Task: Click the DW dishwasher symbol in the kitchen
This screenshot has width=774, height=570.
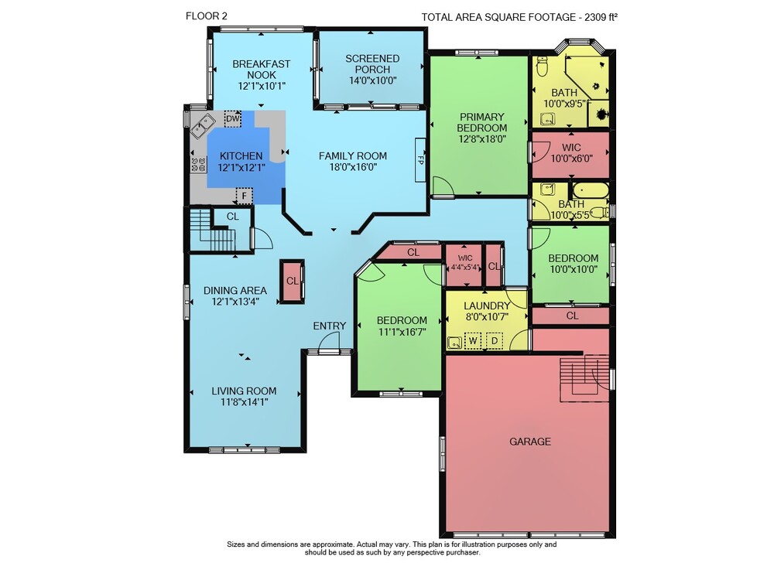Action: click(x=232, y=119)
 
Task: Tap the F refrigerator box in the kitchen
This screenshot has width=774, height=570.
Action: click(x=244, y=196)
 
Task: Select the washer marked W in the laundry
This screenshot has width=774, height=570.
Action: click(x=472, y=341)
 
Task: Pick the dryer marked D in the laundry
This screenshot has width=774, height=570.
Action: click(x=494, y=341)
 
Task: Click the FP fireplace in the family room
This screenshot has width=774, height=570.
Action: click(x=420, y=160)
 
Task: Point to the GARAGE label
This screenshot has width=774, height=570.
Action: click(x=530, y=442)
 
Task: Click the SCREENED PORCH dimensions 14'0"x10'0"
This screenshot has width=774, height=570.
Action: click(x=373, y=80)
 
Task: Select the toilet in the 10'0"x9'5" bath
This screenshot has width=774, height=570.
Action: click(x=542, y=67)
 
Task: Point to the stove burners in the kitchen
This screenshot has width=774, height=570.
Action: click(x=198, y=164)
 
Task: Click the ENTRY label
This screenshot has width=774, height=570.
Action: click(x=329, y=326)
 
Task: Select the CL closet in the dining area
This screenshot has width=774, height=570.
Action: click(x=293, y=281)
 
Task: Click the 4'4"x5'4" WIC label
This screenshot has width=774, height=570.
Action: click(x=465, y=263)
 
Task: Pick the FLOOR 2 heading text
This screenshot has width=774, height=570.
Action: click(x=207, y=15)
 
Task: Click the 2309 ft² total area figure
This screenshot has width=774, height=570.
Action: click(x=601, y=17)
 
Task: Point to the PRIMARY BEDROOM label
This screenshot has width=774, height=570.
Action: click(x=481, y=122)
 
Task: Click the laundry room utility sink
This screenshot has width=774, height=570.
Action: click(x=453, y=342)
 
